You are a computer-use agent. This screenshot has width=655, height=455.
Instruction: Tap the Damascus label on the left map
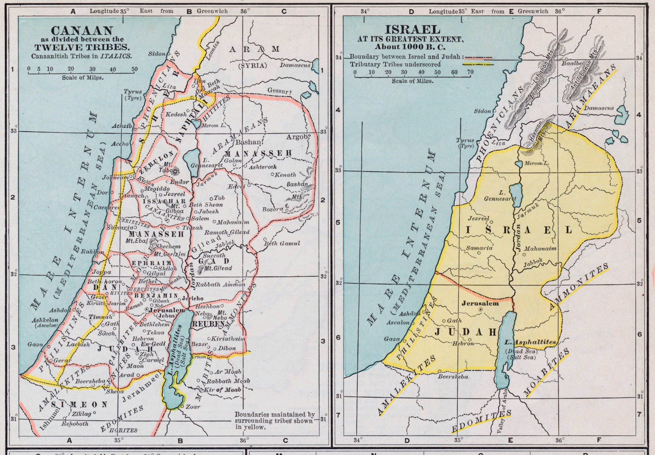tap(295, 65)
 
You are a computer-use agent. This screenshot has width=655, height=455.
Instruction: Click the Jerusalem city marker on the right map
tap(481, 309)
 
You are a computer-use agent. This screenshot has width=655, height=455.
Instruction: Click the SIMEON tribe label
tap(79, 404)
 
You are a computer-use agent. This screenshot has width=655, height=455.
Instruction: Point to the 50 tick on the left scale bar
tap(134, 69)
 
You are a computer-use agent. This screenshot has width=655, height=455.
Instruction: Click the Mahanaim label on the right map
tap(540, 249)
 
